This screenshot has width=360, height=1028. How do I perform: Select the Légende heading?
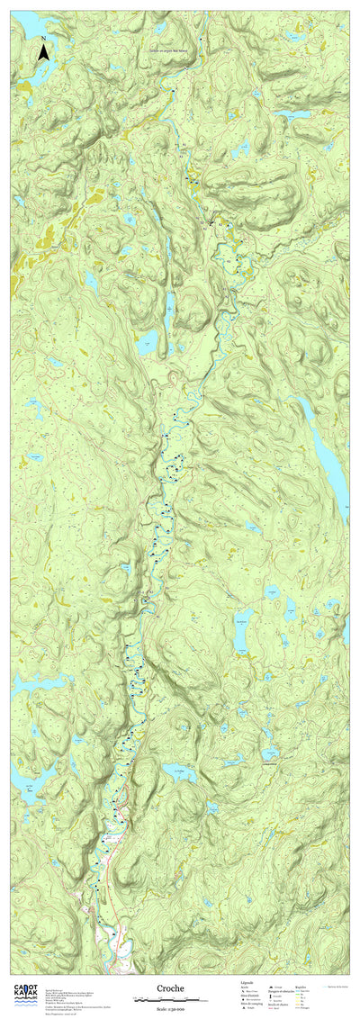[247, 983]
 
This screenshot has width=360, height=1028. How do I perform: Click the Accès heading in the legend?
[243, 988]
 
